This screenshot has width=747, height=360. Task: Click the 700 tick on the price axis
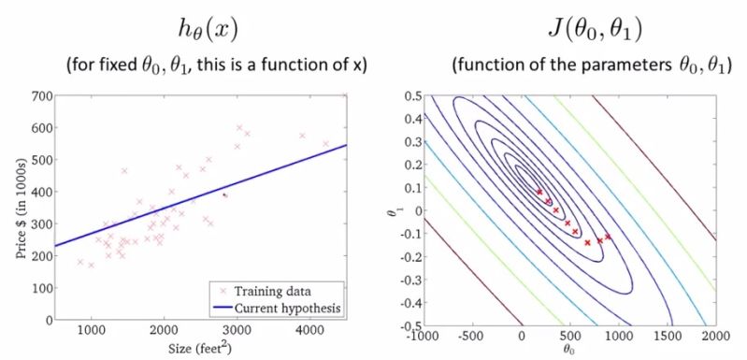[x=39, y=95]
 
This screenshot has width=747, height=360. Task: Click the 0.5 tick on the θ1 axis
[x=409, y=95]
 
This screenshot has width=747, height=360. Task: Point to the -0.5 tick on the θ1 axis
[x=407, y=324]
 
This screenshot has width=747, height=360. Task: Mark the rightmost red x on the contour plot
[x=609, y=238]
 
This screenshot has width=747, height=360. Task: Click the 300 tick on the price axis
[x=39, y=224]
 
